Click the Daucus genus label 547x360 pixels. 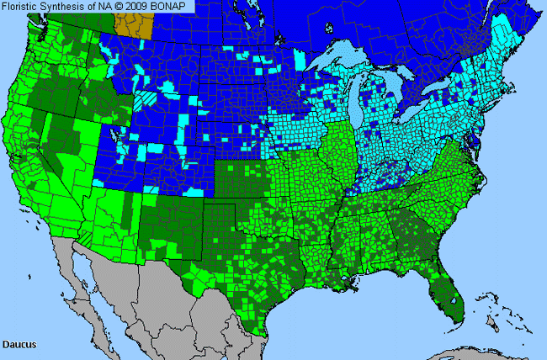tap(18, 344)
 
